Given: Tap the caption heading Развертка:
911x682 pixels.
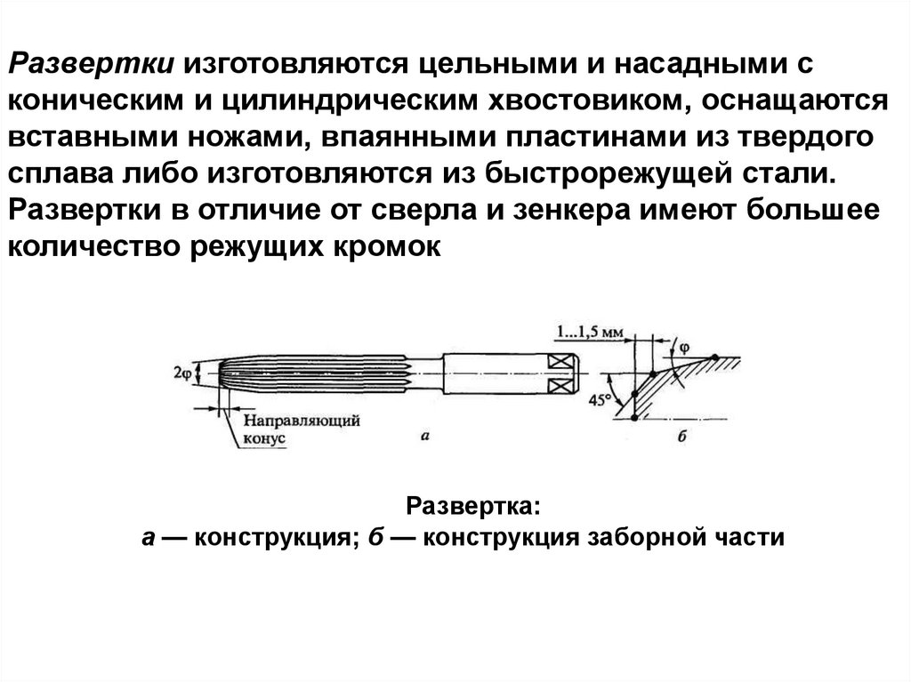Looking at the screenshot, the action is [x=472, y=506].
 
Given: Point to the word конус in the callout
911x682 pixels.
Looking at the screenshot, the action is [x=264, y=438].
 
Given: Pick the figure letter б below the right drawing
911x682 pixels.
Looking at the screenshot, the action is [x=682, y=437].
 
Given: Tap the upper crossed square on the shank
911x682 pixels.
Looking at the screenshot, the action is [x=560, y=363].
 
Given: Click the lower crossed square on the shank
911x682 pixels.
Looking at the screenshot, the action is [x=560, y=387].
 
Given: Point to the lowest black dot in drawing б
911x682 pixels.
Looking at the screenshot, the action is [x=633, y=418].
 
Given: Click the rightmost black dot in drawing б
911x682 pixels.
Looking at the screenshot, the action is [x=714, y=358].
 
